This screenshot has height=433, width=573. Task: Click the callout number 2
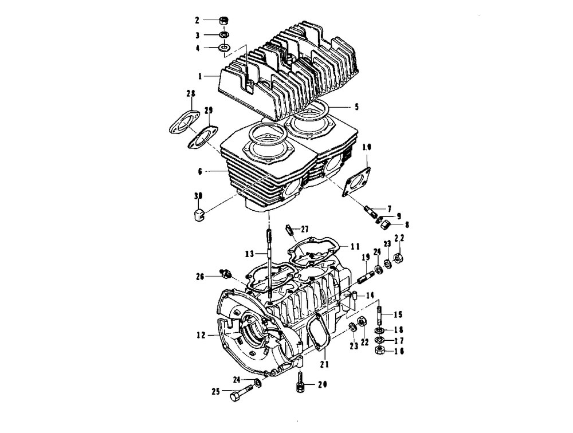click(x=197, y=20)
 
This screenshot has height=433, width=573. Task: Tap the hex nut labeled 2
click(x=224, y=21)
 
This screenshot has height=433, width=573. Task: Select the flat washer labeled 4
click(x=224, y=48)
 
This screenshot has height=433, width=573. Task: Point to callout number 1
click(x=200, y=76)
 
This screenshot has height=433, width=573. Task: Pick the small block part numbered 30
click(x=197, y=215)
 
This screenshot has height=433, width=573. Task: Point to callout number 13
click(x=249, y=253)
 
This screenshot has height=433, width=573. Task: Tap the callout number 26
click(x=199, y=276)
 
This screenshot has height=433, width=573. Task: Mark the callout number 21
click(x=324, y=363)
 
